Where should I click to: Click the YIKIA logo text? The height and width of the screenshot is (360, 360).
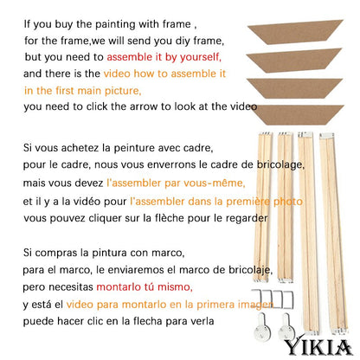coord(318,347)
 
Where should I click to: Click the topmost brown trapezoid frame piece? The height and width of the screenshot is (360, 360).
coord(295,32)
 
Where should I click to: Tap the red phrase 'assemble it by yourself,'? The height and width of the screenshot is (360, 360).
coord(164,57)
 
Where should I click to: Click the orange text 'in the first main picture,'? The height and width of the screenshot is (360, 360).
coord(83,91)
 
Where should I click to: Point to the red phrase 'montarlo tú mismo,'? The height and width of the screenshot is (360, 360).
coord(145,287)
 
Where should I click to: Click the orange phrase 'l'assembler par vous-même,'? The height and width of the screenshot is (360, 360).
coord(176,183)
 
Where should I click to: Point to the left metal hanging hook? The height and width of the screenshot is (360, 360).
coord(262,329)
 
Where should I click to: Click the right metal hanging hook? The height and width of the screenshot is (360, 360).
coord(286,328)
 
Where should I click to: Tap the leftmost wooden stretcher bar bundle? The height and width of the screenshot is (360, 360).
coord(262,207)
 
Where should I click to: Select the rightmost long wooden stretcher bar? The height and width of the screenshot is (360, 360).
coord(335,234)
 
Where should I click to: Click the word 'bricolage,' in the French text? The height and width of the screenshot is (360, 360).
coord(280,165)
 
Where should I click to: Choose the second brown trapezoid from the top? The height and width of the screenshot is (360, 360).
coord(294,60)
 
